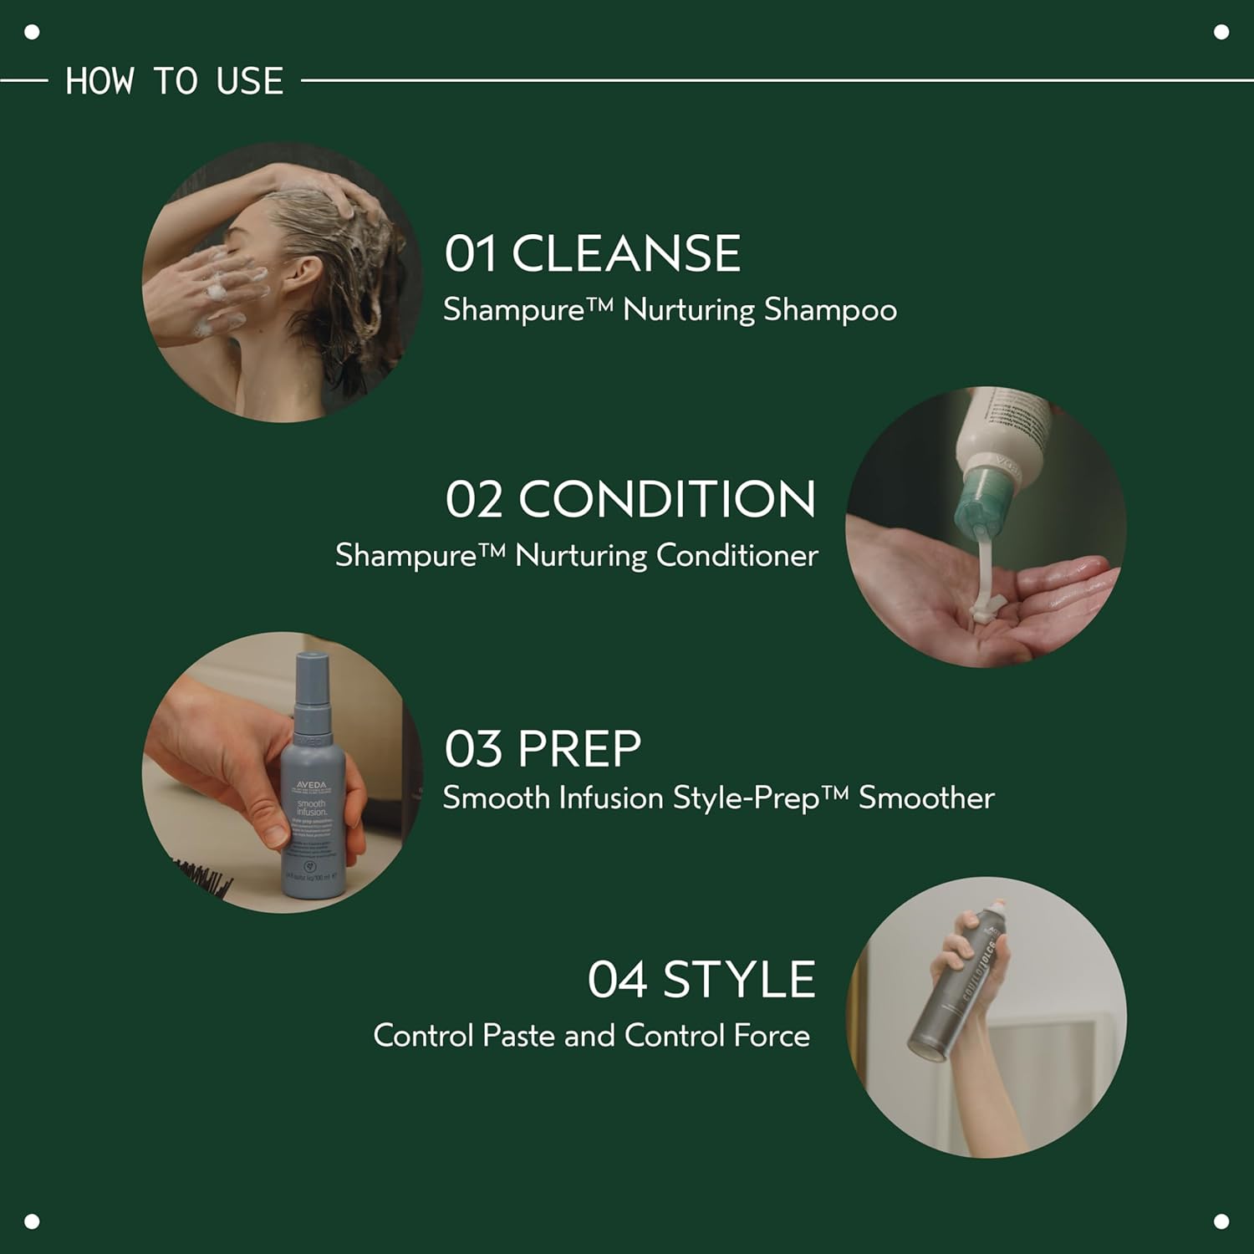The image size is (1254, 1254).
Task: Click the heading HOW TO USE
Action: pyautogui.click(x=174, y=81)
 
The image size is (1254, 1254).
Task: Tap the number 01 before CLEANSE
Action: pyautogui.click(x=470, y=253)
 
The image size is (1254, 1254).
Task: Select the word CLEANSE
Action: pyautogui.click(x=626, y=253)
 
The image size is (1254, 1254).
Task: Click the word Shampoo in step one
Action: pyautogui.click(x=830, y=310)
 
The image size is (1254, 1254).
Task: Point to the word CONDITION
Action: pyautogui.click(x=667, y=499)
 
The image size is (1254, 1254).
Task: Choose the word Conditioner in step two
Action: pyautogui.click(x=737, y=556)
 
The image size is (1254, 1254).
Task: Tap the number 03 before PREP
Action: pyautogui.click(x=472, y=748)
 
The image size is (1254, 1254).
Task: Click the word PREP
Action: pyautogui.click(x=579, y=748)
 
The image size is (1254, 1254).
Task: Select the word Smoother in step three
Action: pyautogui.click(x=926, y=798)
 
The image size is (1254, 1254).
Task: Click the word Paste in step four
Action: pyautogui.click(x=519, y=1036)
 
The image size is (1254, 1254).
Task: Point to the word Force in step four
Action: pyautogui.click(x=771, y=1036)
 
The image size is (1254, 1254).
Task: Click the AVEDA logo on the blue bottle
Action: pyautogui.click(x=311, y=786)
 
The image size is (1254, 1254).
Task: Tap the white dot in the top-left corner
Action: pyautogui.click(x=33, y=33)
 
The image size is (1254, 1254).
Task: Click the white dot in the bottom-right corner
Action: pyautogui.click(x=1221, y=1221)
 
